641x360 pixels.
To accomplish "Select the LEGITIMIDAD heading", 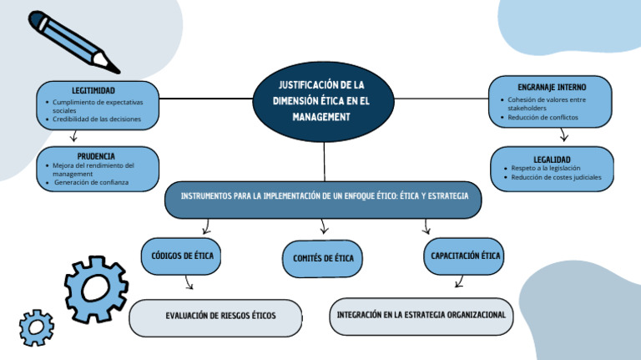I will point(93,90).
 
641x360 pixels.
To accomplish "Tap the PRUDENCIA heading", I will point(96,156).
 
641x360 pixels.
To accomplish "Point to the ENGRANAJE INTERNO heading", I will point(551,87).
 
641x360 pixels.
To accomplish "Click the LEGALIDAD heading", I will point(552,159).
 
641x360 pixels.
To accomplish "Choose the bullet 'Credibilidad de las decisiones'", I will point(97,119).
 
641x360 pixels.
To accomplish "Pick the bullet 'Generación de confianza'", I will point(91,182).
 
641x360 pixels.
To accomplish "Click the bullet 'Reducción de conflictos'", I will point(543,117).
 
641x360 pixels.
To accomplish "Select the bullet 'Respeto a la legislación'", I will point(546,168).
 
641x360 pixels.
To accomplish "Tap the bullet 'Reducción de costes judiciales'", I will point(556,177).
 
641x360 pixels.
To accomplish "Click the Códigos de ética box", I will point(181,256).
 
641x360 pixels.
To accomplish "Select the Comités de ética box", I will point(323,258).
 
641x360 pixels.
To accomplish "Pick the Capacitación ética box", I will point(467,256).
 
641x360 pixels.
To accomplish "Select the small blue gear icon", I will point(37,327).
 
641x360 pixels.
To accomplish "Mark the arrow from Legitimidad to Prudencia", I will point(74,137).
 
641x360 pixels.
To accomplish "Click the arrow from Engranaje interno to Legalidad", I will point(564,135).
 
